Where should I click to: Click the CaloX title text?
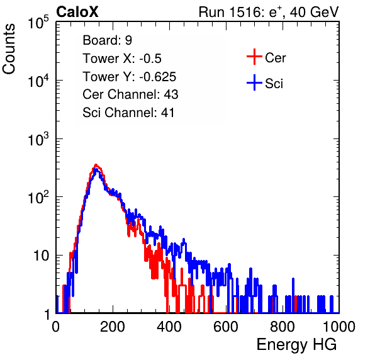77,12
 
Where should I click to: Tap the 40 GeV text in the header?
314,12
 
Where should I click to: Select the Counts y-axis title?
9,49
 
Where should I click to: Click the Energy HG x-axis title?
296,345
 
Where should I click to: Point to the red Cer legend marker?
254,57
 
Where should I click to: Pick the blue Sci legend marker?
254,83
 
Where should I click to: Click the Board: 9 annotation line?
108,40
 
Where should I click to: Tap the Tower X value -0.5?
150,59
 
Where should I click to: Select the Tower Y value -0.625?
158,77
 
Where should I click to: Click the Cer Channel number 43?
171,94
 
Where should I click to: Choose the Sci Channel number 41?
167,113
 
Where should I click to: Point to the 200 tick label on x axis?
113,327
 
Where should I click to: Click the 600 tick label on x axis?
226,327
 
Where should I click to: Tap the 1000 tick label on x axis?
339,327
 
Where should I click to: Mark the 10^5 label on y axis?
38,22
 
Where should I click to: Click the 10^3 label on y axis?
38,138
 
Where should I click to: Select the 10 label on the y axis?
42,256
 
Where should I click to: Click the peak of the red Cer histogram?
96,164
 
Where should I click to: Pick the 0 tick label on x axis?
56,327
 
